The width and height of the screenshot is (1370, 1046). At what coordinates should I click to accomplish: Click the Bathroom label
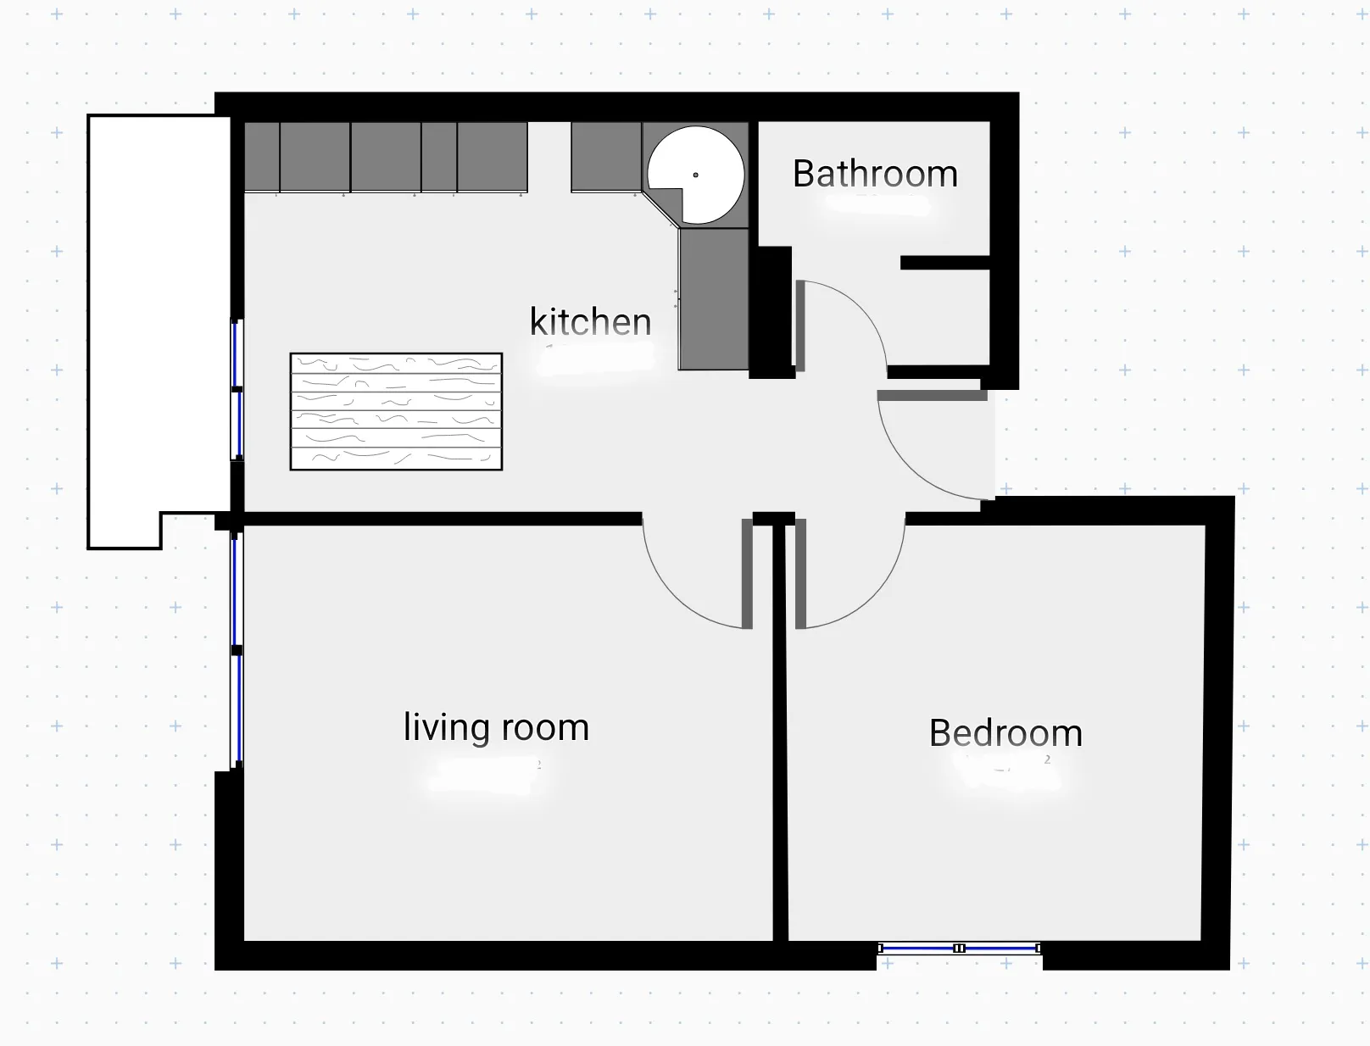[875, 174]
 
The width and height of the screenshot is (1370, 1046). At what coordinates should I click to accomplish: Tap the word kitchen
[590, 322]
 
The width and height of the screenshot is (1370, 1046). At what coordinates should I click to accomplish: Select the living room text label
[496, 727]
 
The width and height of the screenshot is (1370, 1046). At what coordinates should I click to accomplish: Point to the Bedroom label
[1005, 732]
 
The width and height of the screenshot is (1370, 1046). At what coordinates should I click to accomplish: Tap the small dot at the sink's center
[695, 175]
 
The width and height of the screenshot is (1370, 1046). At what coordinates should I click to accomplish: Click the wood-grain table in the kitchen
[396, 411]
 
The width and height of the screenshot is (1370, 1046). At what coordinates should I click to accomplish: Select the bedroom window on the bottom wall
[960, 948]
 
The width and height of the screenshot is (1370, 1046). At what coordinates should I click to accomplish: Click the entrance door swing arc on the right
[906, 467]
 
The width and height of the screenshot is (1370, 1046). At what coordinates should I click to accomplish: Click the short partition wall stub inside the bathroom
[945, 263]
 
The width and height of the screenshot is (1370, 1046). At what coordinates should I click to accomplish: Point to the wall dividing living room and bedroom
[780, 730]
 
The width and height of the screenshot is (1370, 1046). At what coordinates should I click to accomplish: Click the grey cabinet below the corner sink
[713, 299]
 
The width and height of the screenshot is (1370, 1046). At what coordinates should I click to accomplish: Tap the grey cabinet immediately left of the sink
[606, 157]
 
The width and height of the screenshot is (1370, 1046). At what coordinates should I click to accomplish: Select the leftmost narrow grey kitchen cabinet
[261, 157]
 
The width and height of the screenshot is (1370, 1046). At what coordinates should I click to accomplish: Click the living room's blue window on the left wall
[237, 649]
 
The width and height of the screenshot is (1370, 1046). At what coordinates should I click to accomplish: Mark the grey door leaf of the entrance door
[932, 395]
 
